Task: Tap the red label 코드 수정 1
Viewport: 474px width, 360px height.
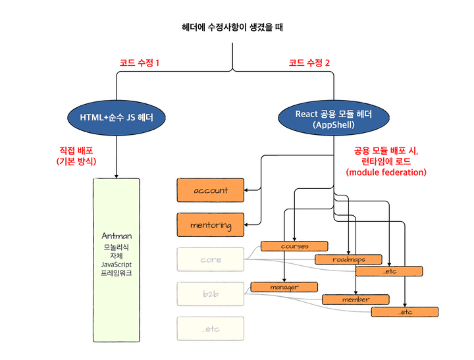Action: [x=140, y=63]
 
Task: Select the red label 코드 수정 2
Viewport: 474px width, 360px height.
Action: [x=309, y=63]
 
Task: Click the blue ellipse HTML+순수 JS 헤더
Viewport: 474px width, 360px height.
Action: [x=117, y=118]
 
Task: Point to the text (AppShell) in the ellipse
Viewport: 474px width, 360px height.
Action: [x=334, y=124]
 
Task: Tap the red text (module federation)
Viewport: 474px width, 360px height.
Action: [x=386, y=172]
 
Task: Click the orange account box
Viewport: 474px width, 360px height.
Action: [x=211, y=190]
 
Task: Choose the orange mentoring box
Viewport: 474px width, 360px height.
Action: [x=211, y=225]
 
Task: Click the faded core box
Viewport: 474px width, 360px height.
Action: [x=211, y=260]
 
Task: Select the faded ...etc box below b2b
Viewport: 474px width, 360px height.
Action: [x=211, y=328]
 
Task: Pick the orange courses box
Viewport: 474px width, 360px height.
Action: [x=294, y=246]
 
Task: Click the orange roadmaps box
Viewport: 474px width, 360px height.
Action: [x=348, y=259]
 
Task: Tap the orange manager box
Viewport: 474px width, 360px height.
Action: [x=284, y=287]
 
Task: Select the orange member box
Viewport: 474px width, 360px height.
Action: [x=355, y=299]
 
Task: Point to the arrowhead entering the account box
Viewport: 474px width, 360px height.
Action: [x=247, y=190]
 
